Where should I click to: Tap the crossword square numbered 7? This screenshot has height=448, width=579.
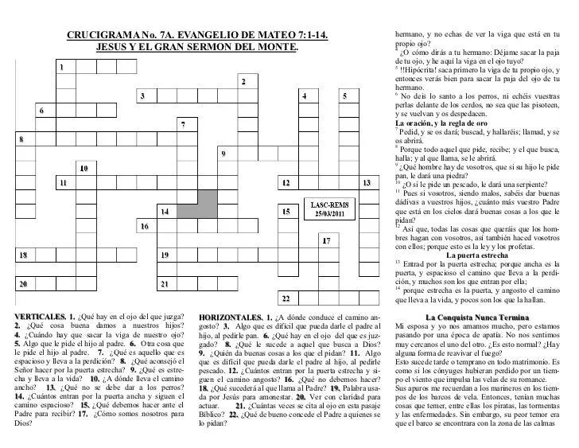[x=186, y=128]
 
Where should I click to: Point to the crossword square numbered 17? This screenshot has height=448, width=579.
[x=328, y=243]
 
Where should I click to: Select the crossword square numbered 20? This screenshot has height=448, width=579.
[x=25, y=285]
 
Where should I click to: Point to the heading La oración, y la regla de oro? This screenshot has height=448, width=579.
[x=441, y=124]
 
